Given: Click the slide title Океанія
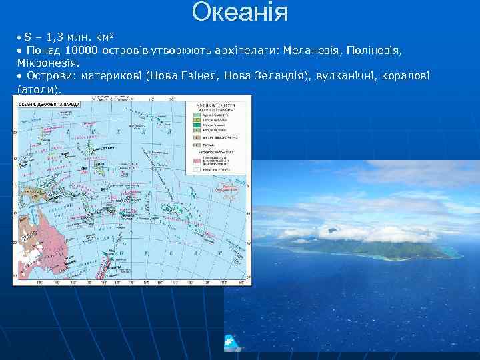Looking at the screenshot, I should pyautogui.click(x=240, y=12).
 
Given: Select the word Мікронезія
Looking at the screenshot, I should pyautogui.click(x=47, y=63).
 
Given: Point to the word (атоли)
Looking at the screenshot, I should pyautogui.click(x=39, y=88).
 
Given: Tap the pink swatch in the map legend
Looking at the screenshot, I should pyautogui.click(x=197, y=161).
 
